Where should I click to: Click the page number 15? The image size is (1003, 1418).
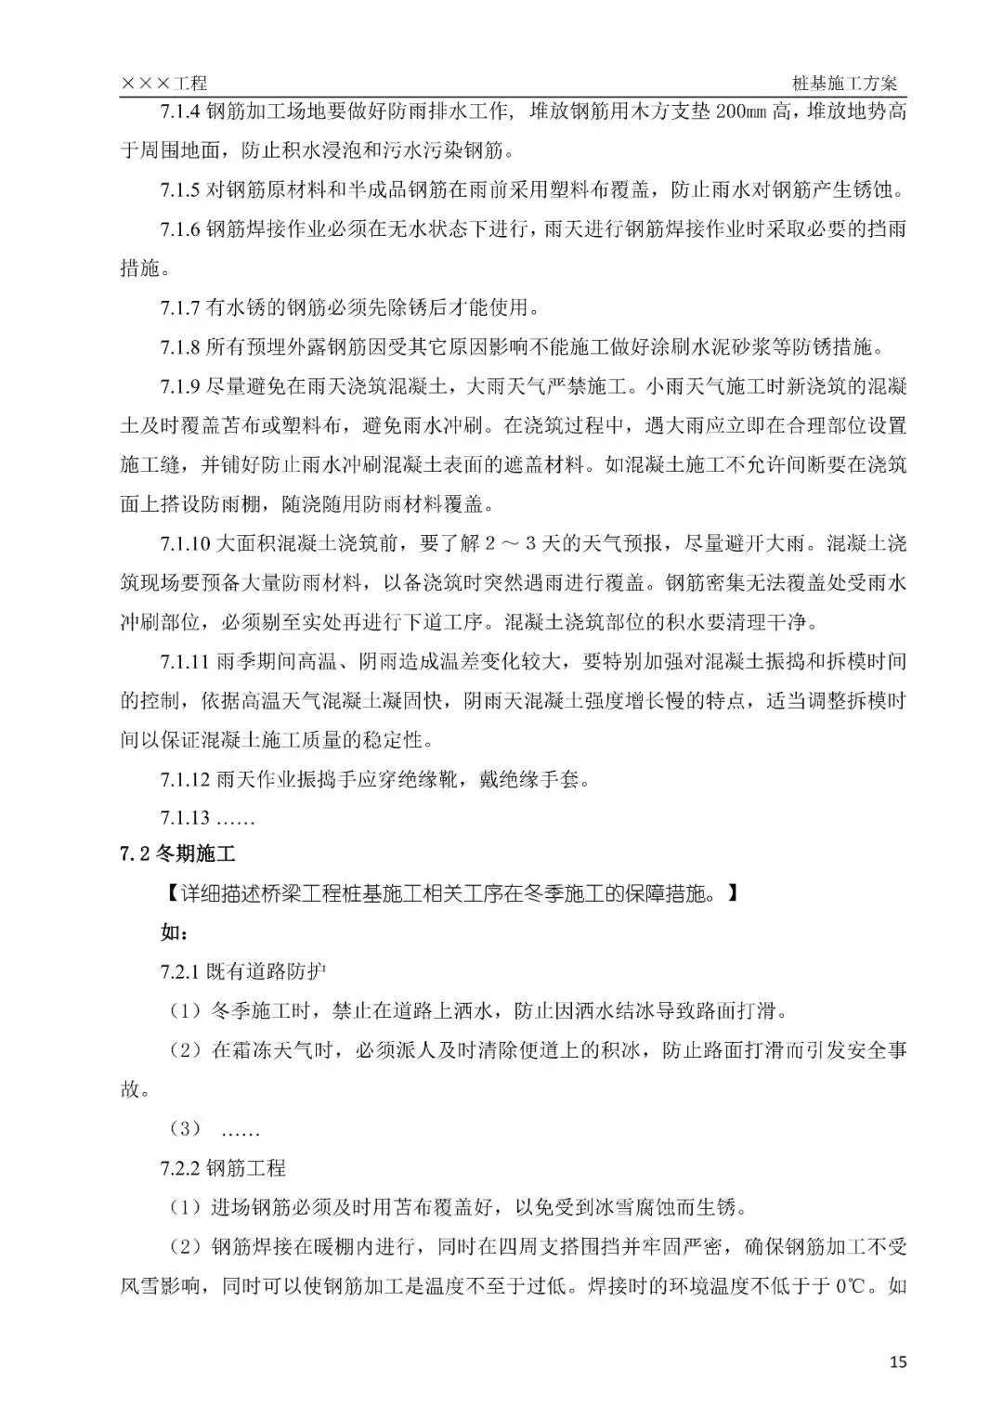(897, 1362)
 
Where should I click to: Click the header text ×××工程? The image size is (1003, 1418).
(164, 84)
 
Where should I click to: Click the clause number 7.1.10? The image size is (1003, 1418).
(185, 542)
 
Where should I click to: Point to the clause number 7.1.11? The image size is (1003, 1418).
(185, 660)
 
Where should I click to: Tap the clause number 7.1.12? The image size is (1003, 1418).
(185, 778)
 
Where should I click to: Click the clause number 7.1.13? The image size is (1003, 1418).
(185, 817)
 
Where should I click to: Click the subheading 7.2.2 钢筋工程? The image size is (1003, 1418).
(223, 1168)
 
